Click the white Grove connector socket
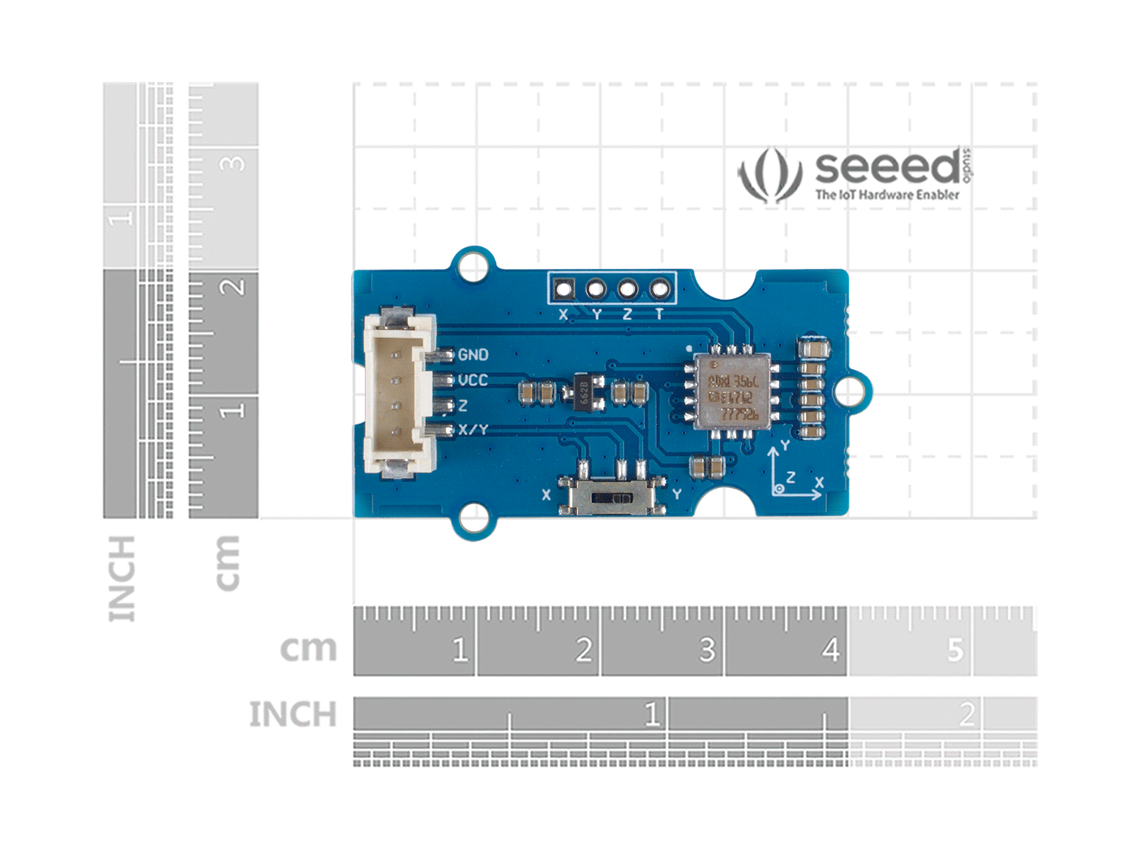(x=399, y=392)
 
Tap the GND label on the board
(x=473, y=355)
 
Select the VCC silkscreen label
(x=473, y=380)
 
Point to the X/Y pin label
(x=473, y=430)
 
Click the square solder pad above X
(x=564, y=289)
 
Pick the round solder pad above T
(x=660, y=289)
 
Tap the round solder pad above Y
(x=596, y=289)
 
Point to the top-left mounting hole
(x=473, y=266)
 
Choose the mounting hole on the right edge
(x=849, y=391)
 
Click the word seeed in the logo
(x=888, y=167)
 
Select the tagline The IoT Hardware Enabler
(x=887, y=195)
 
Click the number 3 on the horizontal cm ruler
(x=707, y=650)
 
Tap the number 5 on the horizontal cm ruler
(x=955, y=650)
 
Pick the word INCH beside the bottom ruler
(x=293, y=715)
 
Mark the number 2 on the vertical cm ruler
(x=233, y=286)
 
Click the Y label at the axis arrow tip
(x=785, y=446)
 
